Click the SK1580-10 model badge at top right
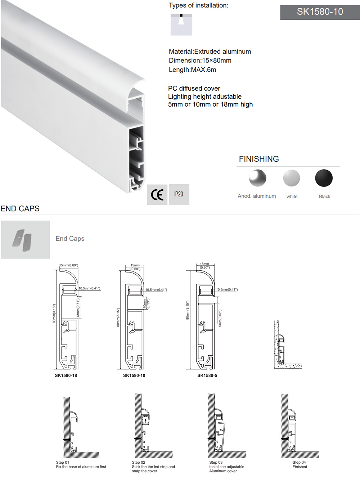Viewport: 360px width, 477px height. click(x=320, y=12)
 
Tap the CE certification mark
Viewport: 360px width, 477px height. click(x=157, y=195)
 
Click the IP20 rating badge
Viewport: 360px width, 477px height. click(x=179, y=194)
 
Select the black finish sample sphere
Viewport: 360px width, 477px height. click(x=324, y=178)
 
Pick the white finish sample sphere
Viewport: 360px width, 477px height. click(x=292, y=178)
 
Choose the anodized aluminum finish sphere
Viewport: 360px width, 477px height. click(x=257, y=178)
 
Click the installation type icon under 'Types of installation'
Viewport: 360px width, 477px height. click(x=181, y=24)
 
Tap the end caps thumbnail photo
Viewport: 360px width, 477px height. click(x=25, y=239)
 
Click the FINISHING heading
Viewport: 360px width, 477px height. click(x=259, y=159)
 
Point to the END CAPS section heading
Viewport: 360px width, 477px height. click(x=20, y=209)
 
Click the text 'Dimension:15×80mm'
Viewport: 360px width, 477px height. click(x=200, y=60)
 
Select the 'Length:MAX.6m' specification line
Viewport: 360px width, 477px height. click(x=193, y=70)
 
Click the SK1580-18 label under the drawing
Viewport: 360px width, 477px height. click(x=66, y=375)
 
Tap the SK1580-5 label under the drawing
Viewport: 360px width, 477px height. click(x=207, y=375)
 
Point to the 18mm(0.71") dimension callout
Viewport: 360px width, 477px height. click(x=78, y=307)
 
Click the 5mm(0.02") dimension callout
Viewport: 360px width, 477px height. click(x=220, y=318)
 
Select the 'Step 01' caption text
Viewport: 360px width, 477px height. click(x=63, y=462)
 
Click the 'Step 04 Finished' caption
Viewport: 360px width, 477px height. click(x=300, y=464)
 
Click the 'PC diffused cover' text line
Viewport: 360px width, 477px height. click(x=194, y=89)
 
